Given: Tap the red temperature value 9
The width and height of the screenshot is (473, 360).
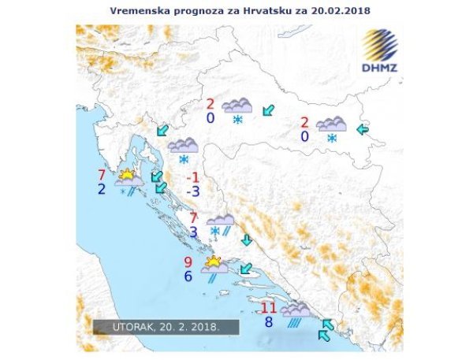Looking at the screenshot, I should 188,262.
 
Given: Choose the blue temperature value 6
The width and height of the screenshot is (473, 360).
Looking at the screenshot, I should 188,276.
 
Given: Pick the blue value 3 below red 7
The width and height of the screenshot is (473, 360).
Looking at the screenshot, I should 195,232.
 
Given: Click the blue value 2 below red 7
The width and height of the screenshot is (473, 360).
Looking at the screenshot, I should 102,189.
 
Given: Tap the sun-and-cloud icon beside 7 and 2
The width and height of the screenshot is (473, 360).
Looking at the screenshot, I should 128,176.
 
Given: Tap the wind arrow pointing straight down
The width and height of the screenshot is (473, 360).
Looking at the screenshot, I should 246,240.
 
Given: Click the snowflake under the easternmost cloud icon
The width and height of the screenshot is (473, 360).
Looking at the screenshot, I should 332,139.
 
